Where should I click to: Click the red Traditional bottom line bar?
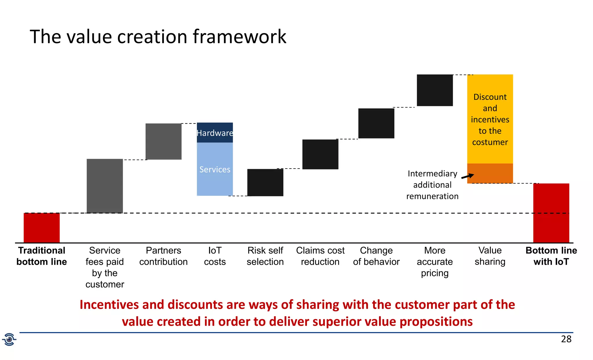point(42,228)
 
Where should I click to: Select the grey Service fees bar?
point(105,186)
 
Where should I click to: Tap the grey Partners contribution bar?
point(163,141)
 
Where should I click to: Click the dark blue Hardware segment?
point(215,133)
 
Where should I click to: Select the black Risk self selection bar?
point(265,182)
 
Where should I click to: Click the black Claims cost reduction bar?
point(320,154)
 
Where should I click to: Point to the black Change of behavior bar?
point(376,123)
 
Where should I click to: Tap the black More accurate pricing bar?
point(435,90)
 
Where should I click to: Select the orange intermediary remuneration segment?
point(490,173)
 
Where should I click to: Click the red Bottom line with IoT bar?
point(551,213)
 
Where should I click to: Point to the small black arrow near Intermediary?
point(468,176)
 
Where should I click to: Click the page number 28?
point(566,339)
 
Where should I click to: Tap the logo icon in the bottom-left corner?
point(9,339)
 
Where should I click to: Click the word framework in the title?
point(239,37)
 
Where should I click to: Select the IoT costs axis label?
point(215,256)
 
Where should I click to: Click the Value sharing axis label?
point(490,256)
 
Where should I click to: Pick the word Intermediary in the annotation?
point(432,173)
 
